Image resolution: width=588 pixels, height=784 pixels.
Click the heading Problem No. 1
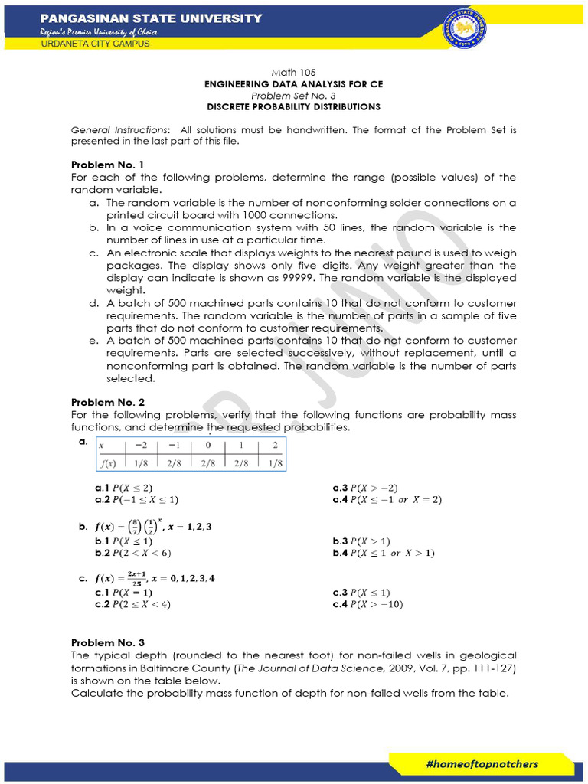coord(107,165)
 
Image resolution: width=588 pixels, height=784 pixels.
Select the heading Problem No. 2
coord(107,402)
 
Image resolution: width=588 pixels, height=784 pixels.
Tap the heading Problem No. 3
coord(107,642)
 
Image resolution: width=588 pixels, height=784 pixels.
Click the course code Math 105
coord(292,72)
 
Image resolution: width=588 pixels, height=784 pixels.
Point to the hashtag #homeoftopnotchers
coord(482,763)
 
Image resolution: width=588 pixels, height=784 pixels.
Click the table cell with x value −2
coord(139,446)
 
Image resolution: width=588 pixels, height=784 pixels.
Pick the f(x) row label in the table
coord(106,462)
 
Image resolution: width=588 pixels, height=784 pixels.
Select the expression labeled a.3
coord(365,488)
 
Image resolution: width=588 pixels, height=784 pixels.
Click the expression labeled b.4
coord(383,553)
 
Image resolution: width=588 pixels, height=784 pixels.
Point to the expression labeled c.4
coord(367,604)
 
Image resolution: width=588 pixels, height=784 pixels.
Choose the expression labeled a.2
coord(136,500)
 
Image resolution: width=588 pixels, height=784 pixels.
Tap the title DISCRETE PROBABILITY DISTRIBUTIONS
coord(293,107)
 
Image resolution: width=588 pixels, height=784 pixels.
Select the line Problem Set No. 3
coord(293,96)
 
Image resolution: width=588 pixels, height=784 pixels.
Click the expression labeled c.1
coord(123,592)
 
